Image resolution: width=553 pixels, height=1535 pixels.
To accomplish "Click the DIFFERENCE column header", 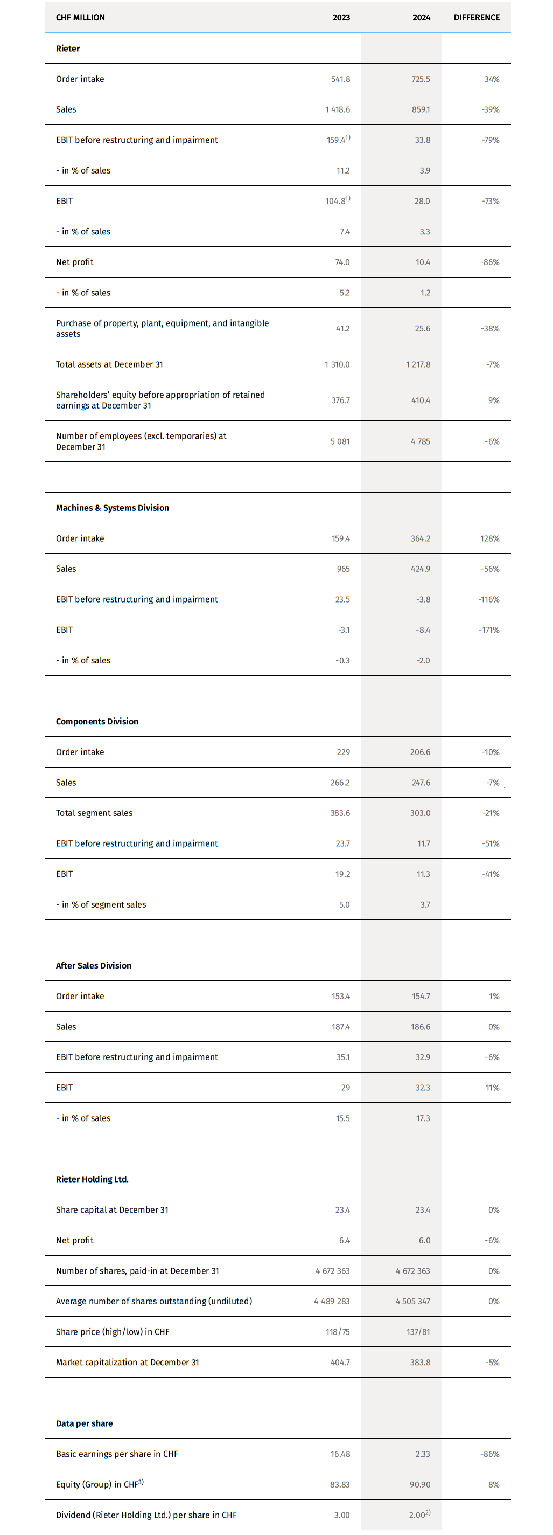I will [x=476, y=18].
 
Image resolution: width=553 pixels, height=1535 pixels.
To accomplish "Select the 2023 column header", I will [x=341, y=18].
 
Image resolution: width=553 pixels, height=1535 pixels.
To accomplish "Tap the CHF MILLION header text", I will [x=80, y=18].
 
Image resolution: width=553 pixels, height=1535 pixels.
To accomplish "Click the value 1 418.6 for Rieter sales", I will [x=338, y=109].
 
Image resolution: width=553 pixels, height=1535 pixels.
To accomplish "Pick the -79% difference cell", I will [x=491, y=140].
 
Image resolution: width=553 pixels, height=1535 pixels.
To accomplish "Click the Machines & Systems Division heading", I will [x=113, y=508].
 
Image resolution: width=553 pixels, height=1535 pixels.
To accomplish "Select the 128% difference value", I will [x=490, y=538].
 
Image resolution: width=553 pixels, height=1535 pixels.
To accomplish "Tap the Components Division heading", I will [x=97, y=722].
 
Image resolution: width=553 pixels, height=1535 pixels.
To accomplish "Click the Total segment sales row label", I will [x=94, y=813].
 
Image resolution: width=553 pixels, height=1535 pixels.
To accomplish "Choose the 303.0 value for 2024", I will [x=420, y=813].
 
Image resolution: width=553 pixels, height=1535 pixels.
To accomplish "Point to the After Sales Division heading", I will [x=94, y=966].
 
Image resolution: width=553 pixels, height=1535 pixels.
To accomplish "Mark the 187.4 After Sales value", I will [x=340, y=1027].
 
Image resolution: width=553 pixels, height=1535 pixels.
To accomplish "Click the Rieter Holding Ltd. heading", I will [x=92, y=1179].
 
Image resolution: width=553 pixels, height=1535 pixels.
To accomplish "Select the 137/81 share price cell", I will [x=418, y=1332].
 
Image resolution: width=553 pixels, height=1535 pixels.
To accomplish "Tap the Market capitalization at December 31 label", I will [x=128, y=1362].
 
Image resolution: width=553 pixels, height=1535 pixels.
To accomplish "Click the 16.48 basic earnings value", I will [x=340, y=1454].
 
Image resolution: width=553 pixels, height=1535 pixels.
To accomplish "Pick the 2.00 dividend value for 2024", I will [x=418, y=1515].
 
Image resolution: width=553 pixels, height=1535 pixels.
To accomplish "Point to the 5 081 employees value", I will [x=340, y=441].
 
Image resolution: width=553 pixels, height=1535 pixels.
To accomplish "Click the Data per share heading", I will [x=85, y=1423].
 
